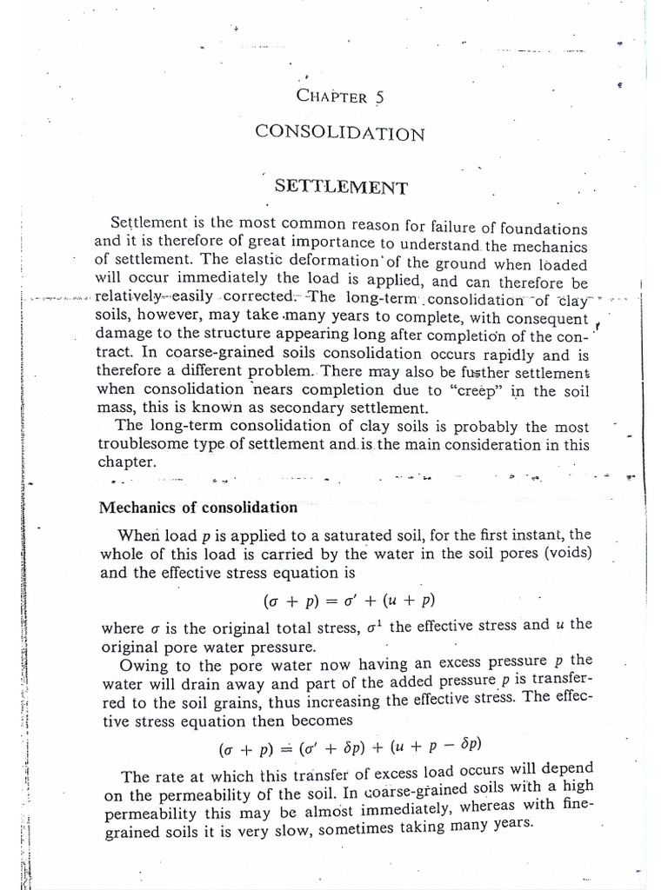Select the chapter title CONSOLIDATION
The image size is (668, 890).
click(x=340, y=134)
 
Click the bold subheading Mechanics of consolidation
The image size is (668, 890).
click(x=198, y=508)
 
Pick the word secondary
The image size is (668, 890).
click(x=275, y=408)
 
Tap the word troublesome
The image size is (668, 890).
click(x=144, y=445)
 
